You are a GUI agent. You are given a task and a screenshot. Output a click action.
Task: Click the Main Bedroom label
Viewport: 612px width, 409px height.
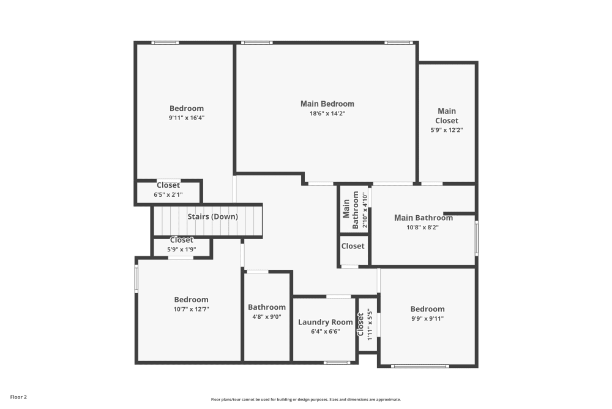point(327,104)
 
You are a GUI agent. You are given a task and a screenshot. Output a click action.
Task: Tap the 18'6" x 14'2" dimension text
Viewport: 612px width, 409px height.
point(327,114)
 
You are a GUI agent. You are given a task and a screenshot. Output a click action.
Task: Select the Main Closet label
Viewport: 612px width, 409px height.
point(447,116)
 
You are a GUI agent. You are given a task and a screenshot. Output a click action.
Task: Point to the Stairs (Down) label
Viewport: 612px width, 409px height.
point(213,216)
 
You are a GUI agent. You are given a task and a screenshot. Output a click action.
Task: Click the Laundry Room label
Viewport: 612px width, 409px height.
point(326,322)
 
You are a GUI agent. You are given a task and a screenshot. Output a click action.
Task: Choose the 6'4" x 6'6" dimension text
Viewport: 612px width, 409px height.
point(326,332)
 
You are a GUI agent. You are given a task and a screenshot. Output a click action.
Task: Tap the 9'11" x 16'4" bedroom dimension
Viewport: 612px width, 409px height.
point(187,118)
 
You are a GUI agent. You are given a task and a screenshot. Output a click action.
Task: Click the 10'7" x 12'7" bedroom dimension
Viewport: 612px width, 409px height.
point(191,309)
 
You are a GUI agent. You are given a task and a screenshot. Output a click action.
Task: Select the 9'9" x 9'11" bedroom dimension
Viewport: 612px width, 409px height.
point(427,319)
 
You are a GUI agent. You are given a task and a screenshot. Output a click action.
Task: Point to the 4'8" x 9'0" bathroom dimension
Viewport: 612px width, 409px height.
point(267,317)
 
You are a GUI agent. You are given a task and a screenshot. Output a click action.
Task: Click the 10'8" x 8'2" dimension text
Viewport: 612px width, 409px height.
point(423,227)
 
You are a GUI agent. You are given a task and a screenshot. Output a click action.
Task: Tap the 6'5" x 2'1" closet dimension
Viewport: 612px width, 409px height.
point(168,195)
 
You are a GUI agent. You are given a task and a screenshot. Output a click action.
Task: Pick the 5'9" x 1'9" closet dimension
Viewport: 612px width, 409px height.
point(182,250)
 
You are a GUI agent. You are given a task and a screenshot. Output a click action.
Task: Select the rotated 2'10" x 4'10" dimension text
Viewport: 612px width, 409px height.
point(365,210)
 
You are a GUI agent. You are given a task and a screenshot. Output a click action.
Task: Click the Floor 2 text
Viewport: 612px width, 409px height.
point(18,397)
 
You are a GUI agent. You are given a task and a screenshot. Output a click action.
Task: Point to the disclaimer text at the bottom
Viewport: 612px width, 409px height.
point(306,400)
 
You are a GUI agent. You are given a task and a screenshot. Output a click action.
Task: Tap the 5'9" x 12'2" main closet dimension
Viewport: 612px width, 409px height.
point(447,130)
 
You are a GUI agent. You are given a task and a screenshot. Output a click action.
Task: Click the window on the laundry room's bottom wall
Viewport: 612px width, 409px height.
point(337,363)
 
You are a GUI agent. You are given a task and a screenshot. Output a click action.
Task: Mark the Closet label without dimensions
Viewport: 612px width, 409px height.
point(353,247)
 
